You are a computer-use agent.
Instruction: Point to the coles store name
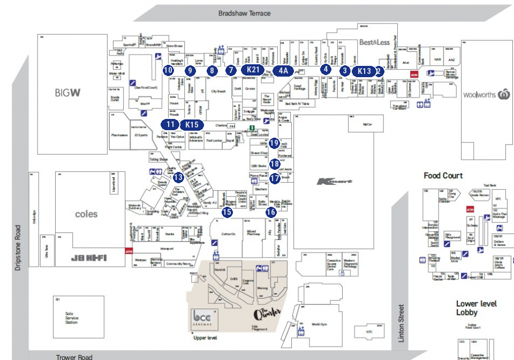click(86, 214)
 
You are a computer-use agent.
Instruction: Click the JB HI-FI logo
click(89, 258)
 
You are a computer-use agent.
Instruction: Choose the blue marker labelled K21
click(253, 70)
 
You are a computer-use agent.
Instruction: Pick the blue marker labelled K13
click(364, 71)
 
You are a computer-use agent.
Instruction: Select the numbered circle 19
click(274, 143)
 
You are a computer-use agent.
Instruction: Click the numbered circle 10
click(168, 70)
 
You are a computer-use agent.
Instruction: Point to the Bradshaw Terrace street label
click(245, 13)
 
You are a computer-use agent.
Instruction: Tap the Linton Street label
click(401, 322)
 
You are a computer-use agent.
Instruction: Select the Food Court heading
click(443, 176)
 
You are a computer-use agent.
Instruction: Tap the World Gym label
click(319, 324)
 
